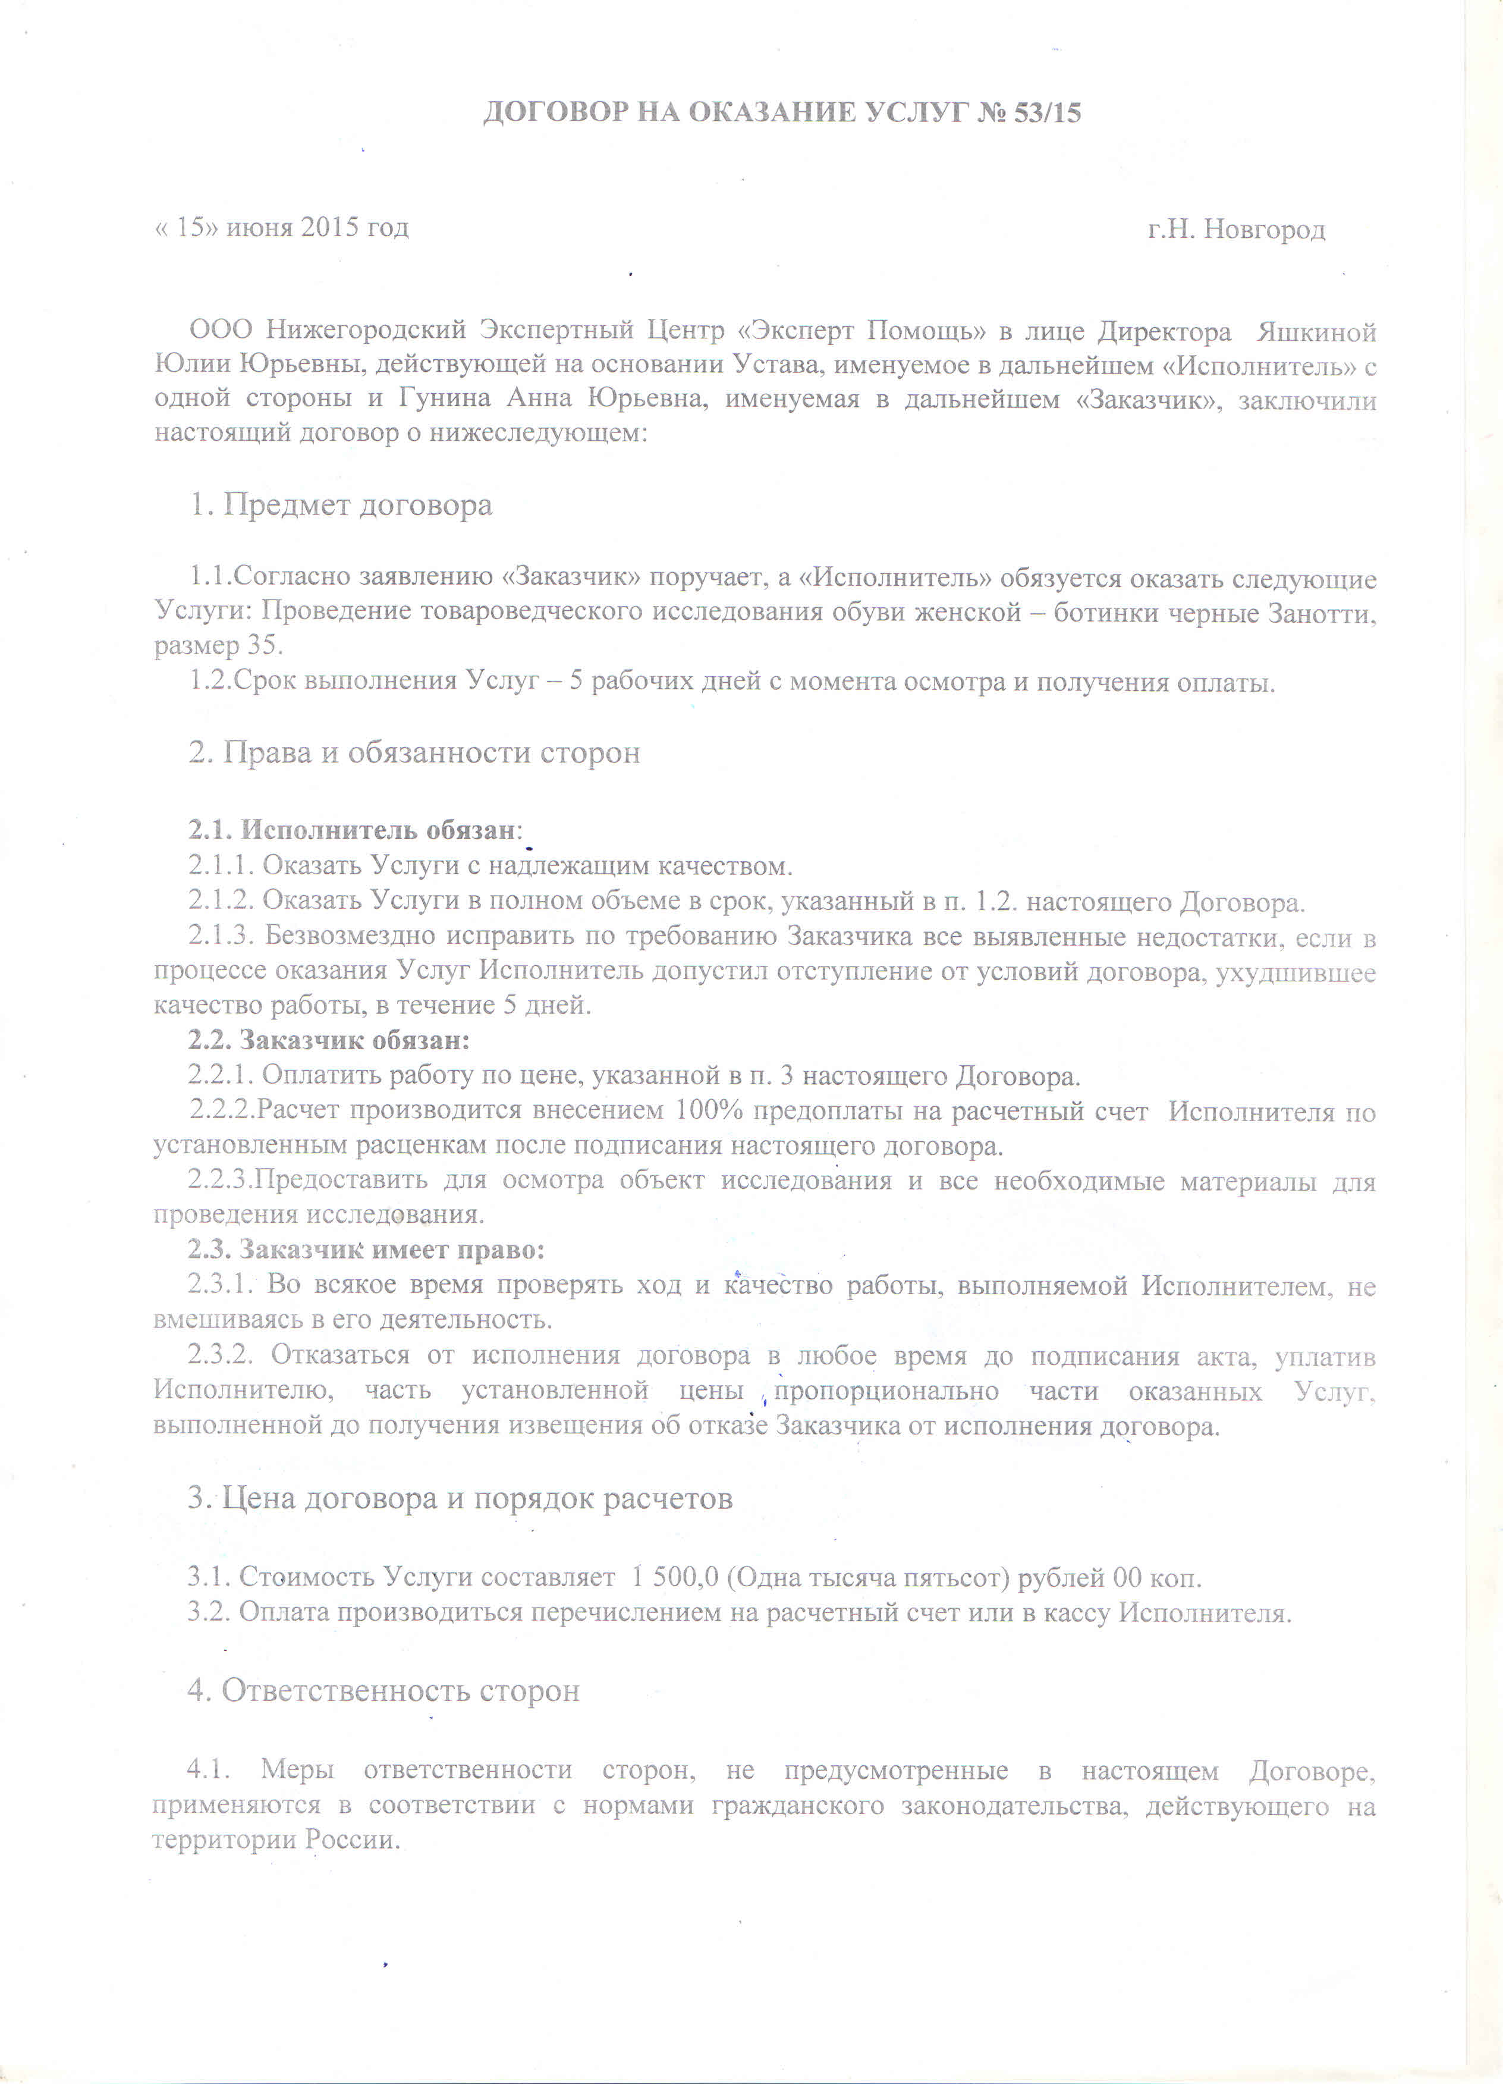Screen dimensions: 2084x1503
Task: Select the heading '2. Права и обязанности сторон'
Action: (x=414, y=752)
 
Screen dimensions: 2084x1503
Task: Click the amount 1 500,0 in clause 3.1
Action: (x=674, y=1578)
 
